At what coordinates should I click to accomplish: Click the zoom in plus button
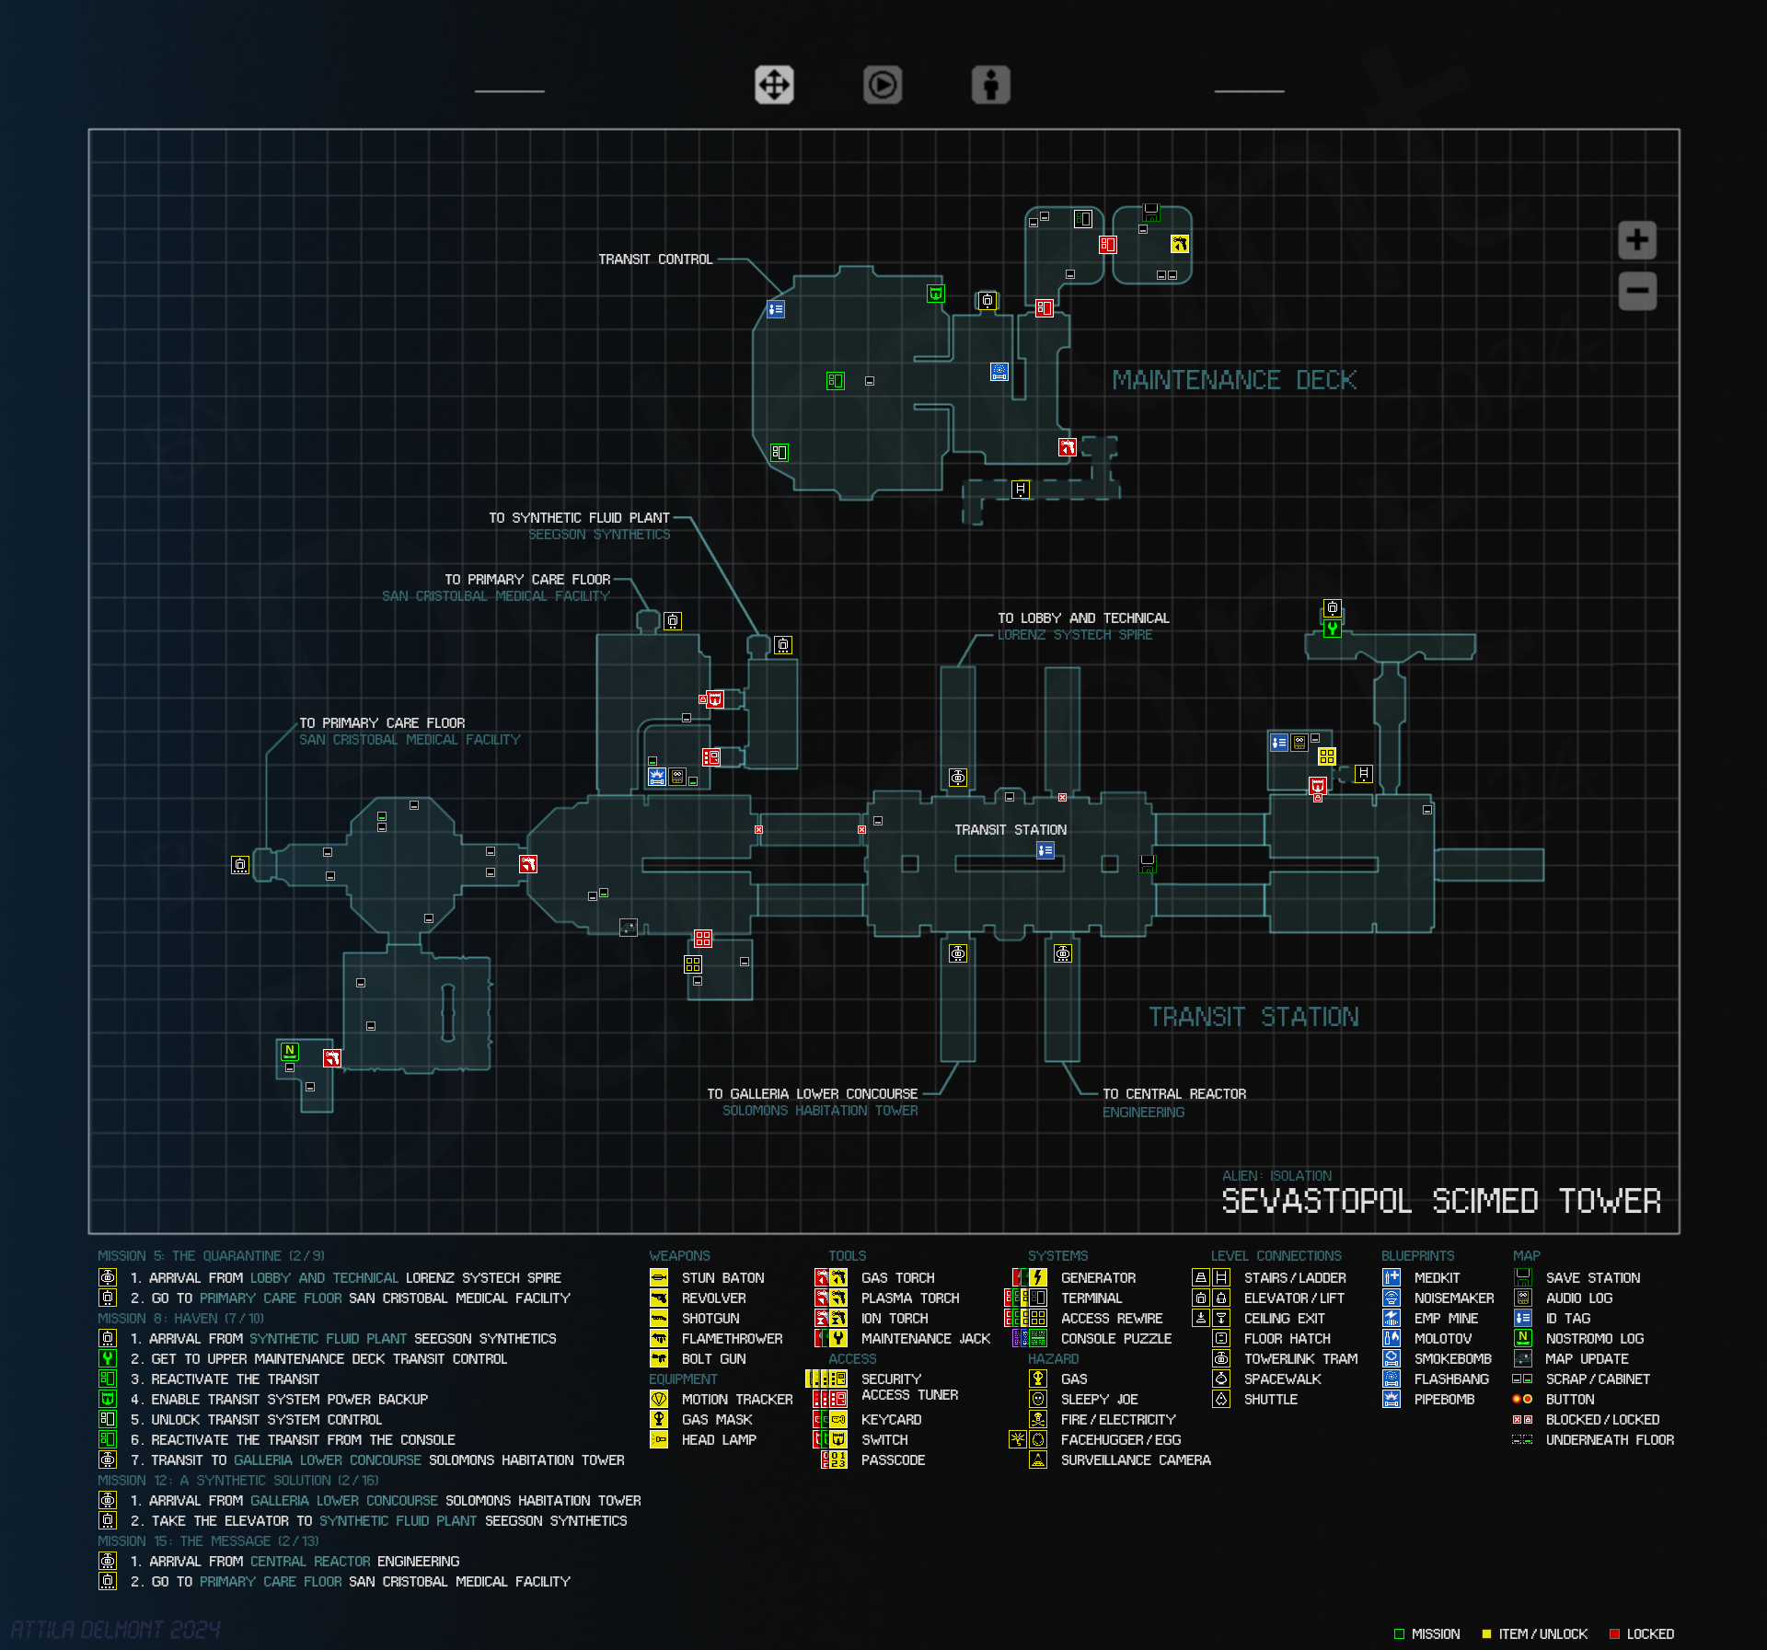pos(1636,241)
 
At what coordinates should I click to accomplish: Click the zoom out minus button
pos(1636,292)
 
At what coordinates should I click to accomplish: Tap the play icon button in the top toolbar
pos(882,86)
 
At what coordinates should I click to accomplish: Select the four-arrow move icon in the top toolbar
pos(774,86)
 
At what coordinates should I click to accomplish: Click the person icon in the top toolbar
pos(990,86)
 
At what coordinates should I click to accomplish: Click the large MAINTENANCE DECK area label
pos(1233,380)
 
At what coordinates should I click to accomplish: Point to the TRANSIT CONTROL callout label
pos(655,260)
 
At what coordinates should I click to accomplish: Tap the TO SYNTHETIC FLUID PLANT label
pos(579,518)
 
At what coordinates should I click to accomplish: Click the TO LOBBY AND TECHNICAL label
pos(1083,618)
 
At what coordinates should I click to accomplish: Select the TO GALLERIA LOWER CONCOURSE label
pos(812,1094)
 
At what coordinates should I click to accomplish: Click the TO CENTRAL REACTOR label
pos(1174,1094)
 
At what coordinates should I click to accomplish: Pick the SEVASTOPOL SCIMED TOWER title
pos(1440,1201)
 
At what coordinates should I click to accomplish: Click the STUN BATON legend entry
pos(722,1278)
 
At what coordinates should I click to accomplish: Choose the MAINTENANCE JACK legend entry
pos(925,1339)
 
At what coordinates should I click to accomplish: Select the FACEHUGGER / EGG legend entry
pos(1120,1440)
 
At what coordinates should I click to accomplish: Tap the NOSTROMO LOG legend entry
pos(1594,1339)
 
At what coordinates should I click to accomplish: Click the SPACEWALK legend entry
pos(1282,1379)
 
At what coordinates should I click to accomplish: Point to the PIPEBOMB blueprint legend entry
pos(1444,1400)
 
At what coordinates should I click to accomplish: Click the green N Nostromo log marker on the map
pos(290,1051)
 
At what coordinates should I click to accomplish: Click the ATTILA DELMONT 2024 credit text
pos(116,1630)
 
